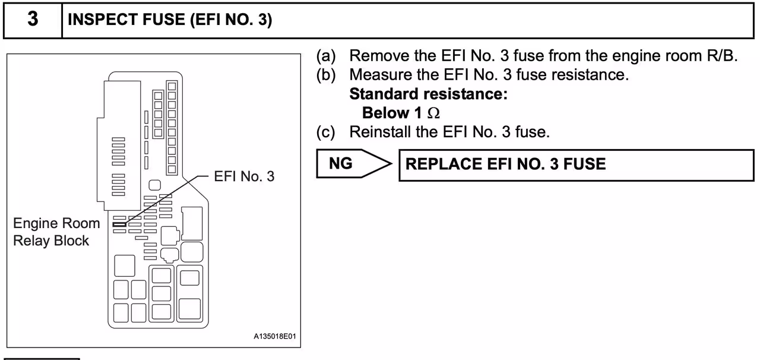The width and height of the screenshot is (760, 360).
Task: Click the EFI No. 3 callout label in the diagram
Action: pyautogui.click(x=244, y=176)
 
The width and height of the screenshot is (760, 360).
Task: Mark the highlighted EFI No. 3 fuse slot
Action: pyautogui.click(x=119, y=224)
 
